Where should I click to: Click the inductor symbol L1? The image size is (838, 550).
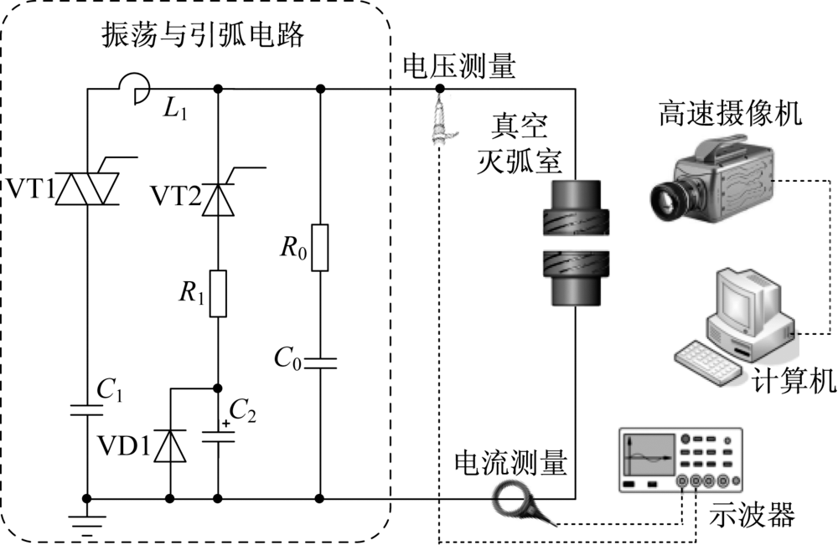pos(135,84)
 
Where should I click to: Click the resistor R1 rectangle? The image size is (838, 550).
pos(218,293)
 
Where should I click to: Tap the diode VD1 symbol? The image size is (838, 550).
pos(171,445)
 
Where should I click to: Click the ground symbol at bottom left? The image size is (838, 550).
pos(88,521)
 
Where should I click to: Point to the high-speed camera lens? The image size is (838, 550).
pos(671,198)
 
